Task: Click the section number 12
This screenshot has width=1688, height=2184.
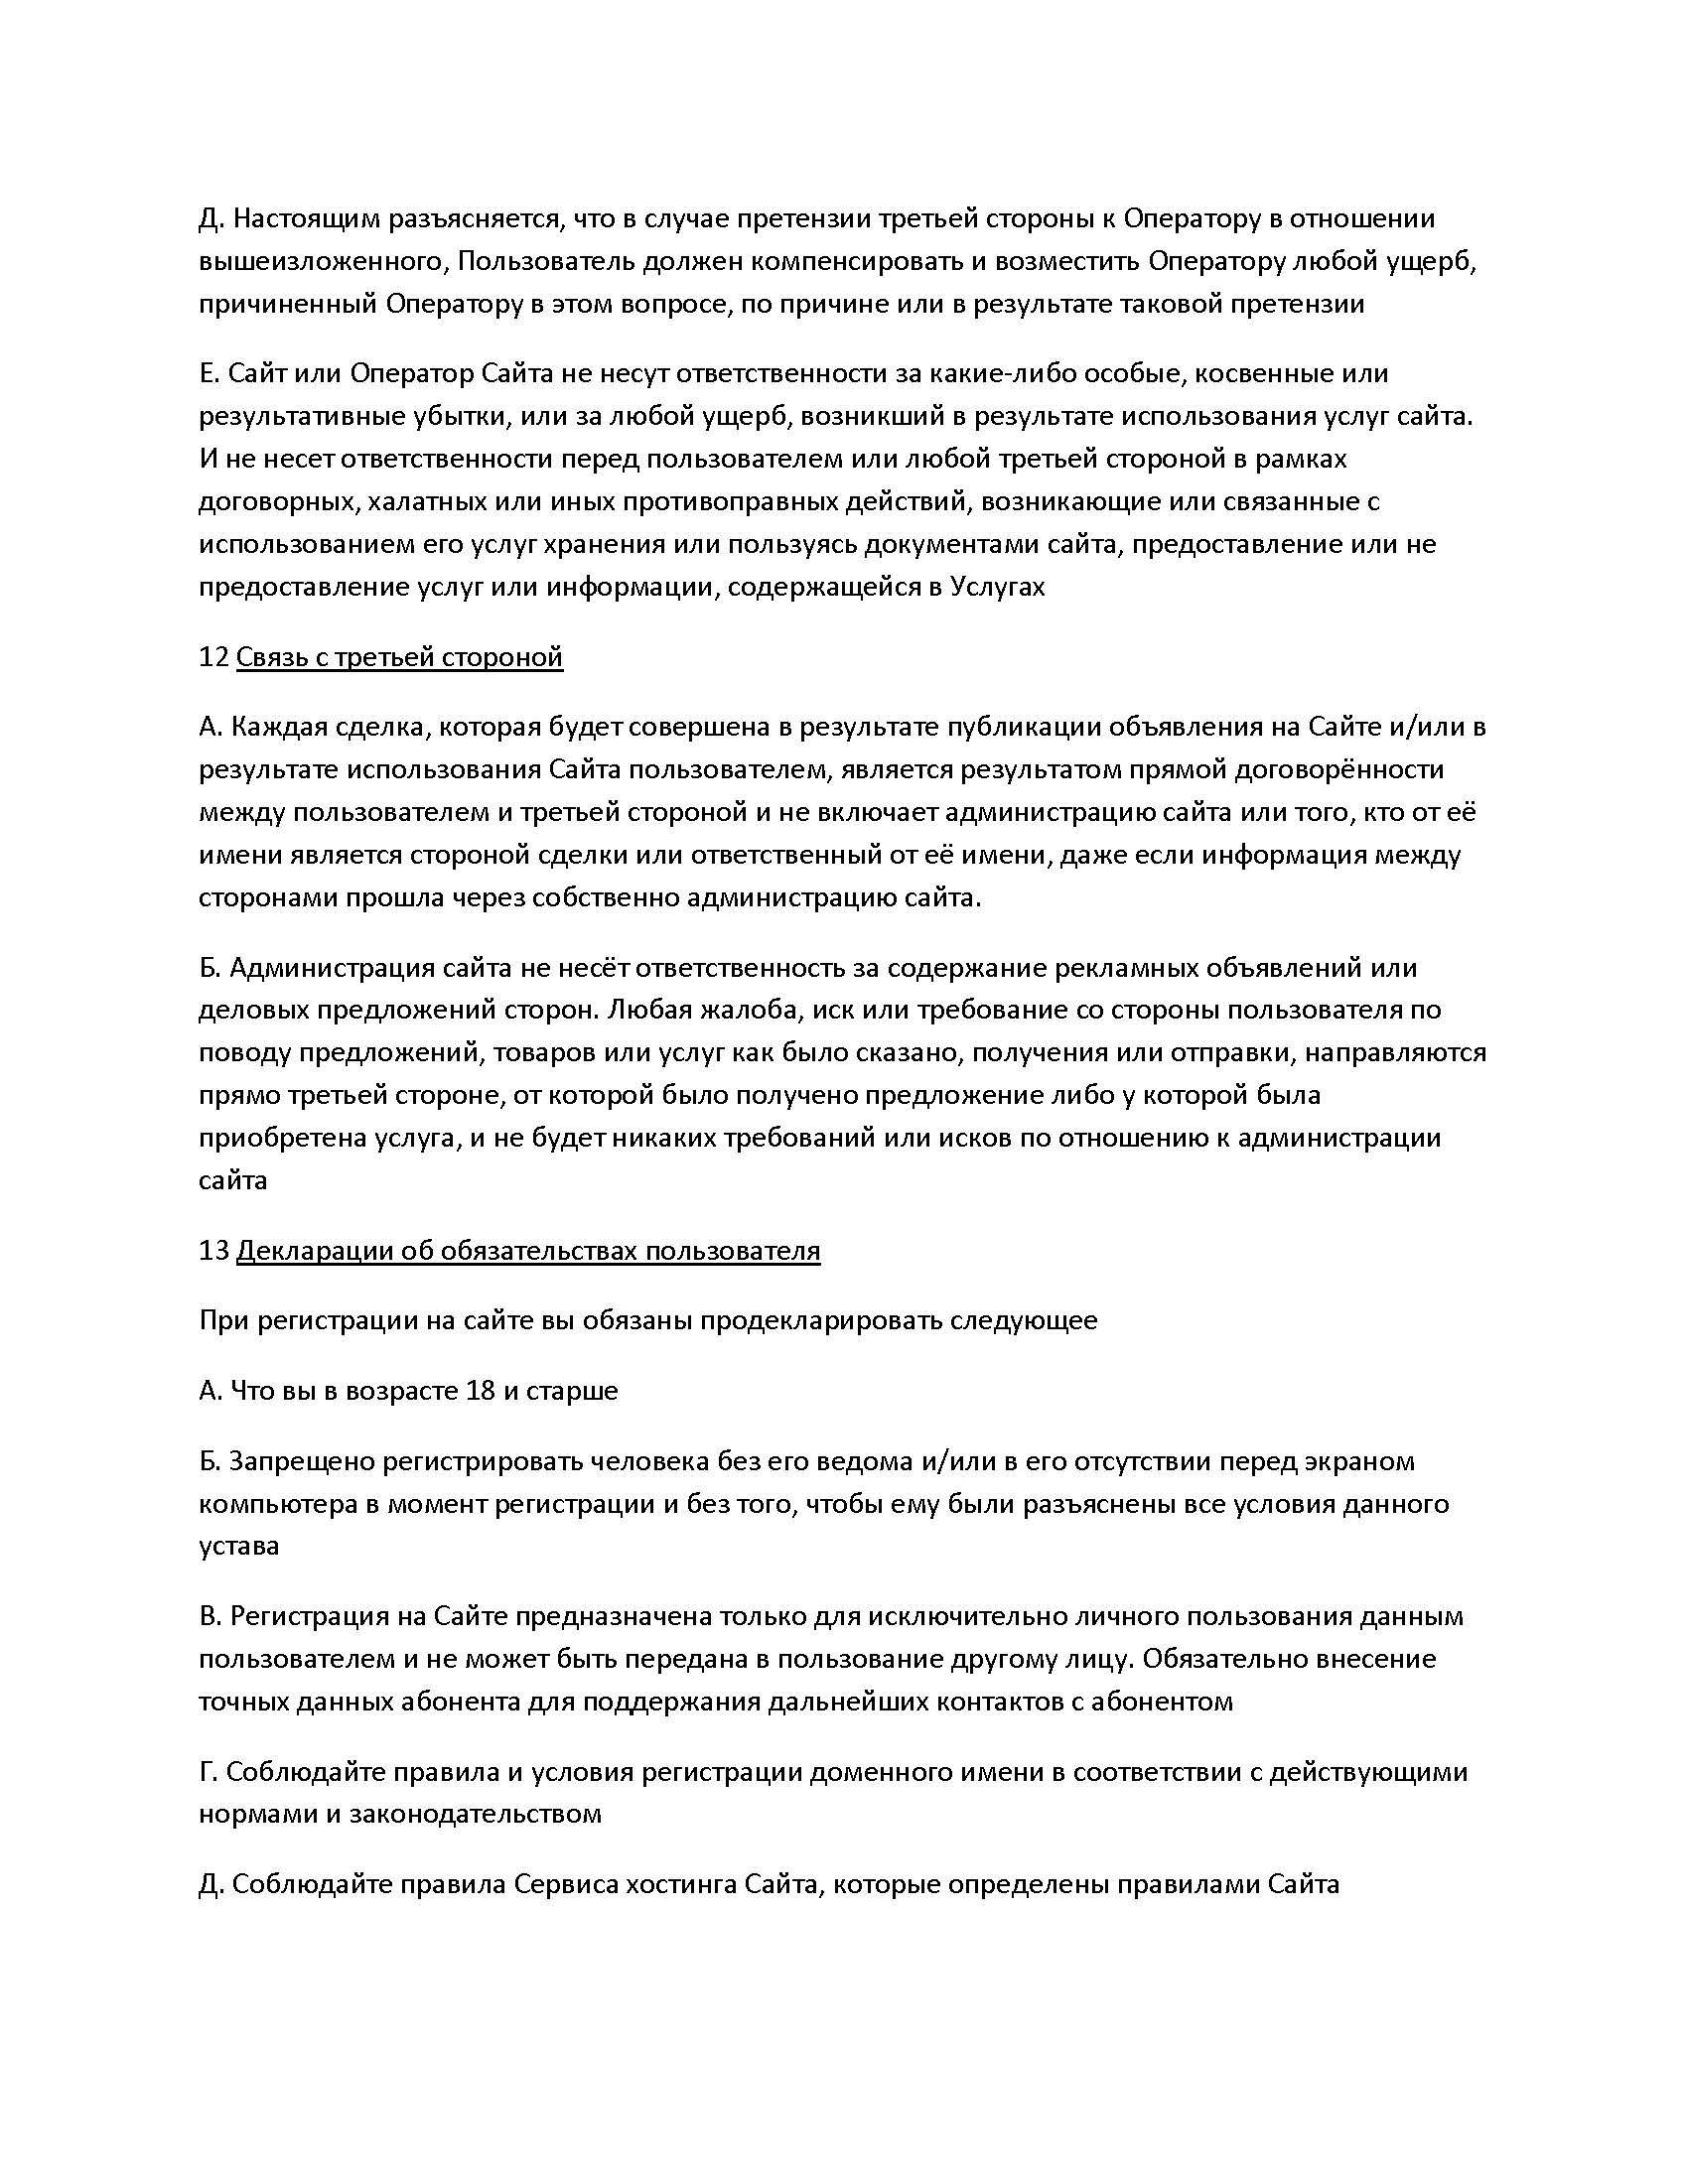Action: [x=213, y=657]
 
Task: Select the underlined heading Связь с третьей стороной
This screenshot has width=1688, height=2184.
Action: [x=399, y=657]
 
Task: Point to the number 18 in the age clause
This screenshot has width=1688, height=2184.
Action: [x=481, y=1390]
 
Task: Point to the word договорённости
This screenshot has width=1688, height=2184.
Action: [x=1346, y=769]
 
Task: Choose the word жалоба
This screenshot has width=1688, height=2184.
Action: [x=751, y=1009]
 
